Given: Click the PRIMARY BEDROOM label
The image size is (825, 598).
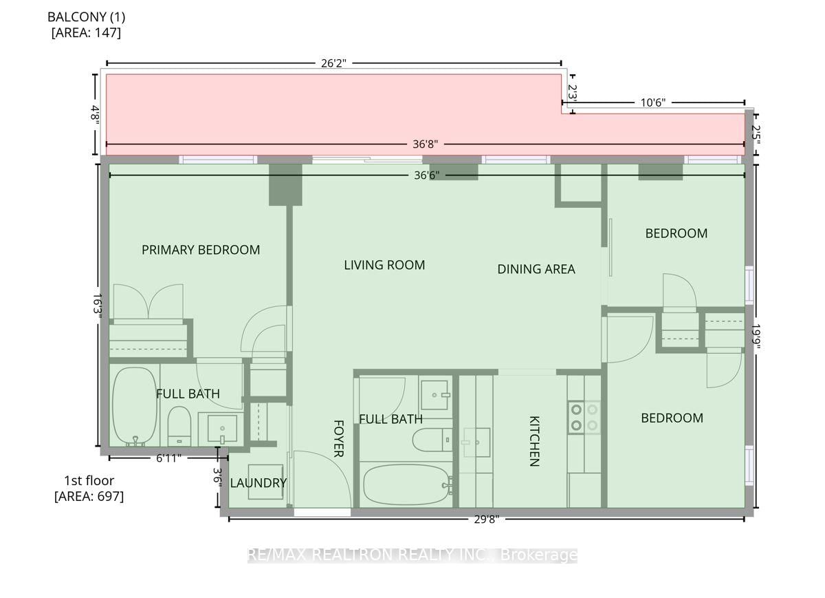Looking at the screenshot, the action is pyautogui.click(x=201, y=250).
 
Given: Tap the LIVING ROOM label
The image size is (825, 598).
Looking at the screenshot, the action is pyautogui.click(x=384, y=265).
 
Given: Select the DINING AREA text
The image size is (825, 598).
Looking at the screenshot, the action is pyautogui.click(x=536, y=269).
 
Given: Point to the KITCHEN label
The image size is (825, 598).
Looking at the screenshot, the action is pyautogui.click(x=534, y=441).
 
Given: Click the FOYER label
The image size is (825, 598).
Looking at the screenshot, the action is pyautogui.click(x=338, y=439).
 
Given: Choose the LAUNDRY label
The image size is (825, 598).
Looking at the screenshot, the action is pyautogui.click(x=258, y=483).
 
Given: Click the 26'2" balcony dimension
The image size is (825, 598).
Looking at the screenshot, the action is pyautogui.click(x=333, y=63).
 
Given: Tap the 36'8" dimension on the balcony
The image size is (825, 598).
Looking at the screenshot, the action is pyautogui.click(x=426, y=144).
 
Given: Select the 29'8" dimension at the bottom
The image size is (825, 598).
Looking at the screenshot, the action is pyautogui.click(x=487, y=519).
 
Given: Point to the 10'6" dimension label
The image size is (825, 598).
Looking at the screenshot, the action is pyautogui.click(x=653, y=103).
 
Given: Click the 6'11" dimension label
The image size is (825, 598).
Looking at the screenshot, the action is pyautogui.click(x=168, y=458).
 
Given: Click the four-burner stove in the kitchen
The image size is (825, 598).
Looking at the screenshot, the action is pyautogui.click(x=584, y=418).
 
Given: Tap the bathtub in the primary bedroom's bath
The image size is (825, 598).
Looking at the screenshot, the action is pyautogui.click(x=135, y=407).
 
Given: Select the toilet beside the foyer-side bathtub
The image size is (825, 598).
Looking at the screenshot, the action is pyautogui.click(x=432, y=440).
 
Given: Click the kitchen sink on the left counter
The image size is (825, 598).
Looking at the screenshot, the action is pyautogui.click(x=476, y=442).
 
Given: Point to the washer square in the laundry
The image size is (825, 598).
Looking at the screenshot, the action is pyautogui.click(x=265, y=482).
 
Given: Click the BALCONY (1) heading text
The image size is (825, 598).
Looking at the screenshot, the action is pyautogui.click(x=86, y=17).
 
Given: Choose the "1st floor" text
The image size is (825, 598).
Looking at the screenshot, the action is pyautogui.click(x=89, y=481).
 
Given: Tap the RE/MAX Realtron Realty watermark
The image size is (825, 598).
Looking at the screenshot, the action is pyautogui.click(x=412, y=555).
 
